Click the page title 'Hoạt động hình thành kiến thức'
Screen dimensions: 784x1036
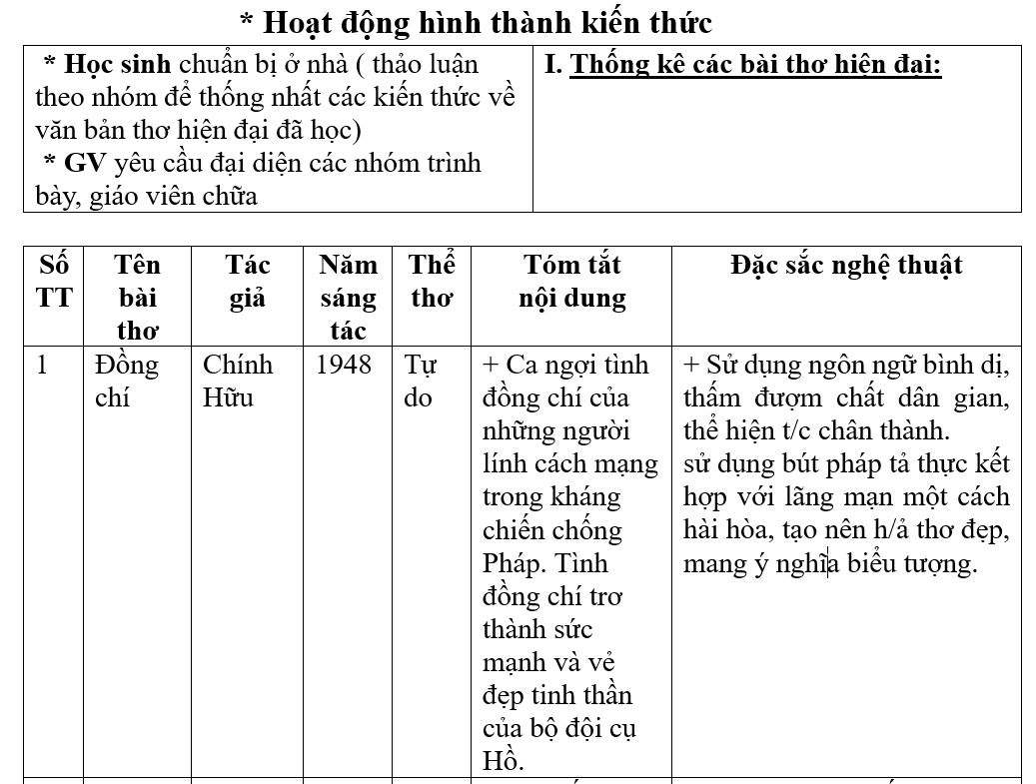coord(476,22)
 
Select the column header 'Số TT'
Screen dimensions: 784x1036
coord(55,282)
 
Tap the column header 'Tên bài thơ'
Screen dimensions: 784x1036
coord(137,298)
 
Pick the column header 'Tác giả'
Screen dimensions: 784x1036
coord(248,282)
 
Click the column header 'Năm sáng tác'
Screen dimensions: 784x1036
coord(348,298)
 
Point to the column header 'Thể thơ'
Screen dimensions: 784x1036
coord(432,282)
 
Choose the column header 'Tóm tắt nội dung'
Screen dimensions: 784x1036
coord(572,282)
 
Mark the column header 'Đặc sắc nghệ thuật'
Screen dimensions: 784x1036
coord(846,266)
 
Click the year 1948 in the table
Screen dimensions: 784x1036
coord(343,366)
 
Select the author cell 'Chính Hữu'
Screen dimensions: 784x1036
coord(237,382)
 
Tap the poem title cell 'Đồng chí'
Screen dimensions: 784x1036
coord(126,382)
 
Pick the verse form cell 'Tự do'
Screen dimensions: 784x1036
coord(420,382)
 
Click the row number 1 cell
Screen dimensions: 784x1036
coord(42,366)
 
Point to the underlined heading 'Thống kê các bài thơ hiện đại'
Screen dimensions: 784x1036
coord(755,66)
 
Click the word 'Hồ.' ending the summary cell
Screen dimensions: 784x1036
coord(503,761)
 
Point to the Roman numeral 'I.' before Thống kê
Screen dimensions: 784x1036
coord(553,66)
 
